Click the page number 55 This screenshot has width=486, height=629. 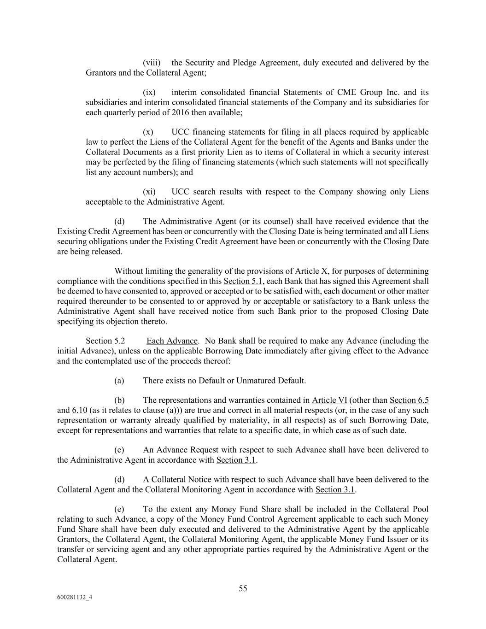243,588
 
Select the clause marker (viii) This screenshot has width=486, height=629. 152,63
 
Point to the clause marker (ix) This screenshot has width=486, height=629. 150,92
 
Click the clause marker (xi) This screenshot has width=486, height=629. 149,192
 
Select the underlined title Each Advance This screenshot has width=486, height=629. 172,341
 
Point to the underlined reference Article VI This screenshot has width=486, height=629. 329,400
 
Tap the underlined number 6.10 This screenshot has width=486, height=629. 80,410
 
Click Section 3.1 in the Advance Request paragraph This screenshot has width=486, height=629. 236,460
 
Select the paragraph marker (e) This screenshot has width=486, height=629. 119,509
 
